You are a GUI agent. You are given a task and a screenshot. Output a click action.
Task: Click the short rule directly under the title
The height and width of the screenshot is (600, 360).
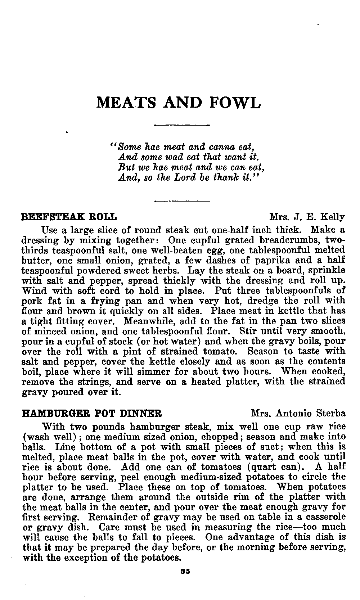182,125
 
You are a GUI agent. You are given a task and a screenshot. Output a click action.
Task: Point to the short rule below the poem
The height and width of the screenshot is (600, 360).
182,200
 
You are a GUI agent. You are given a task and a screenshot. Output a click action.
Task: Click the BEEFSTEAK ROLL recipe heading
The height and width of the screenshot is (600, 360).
69,217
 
